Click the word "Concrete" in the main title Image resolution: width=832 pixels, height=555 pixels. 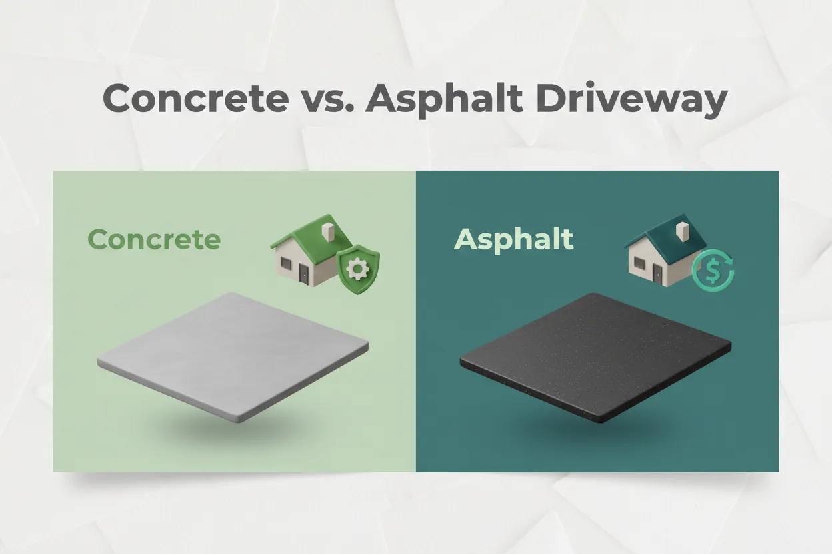click(195, 98)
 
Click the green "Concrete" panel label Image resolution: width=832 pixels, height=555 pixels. click(153, 239)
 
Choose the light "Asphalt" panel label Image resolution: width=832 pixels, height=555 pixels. click(513, 239)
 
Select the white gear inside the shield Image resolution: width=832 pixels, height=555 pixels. click(359, 269)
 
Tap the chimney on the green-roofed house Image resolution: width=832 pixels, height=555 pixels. click(327, 231)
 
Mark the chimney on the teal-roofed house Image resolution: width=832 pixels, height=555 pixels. click(681, 231)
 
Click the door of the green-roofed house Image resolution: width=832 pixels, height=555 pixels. click(304, 274)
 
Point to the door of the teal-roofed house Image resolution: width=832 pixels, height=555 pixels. click(659, 274)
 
